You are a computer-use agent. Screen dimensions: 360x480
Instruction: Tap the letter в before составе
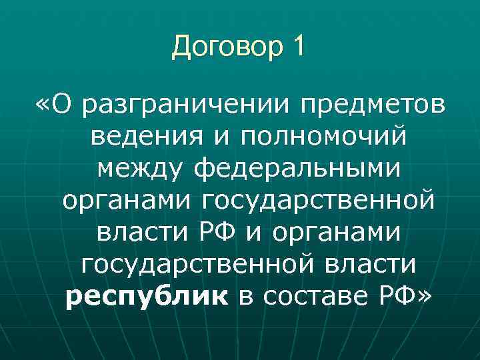pos(245,295)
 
